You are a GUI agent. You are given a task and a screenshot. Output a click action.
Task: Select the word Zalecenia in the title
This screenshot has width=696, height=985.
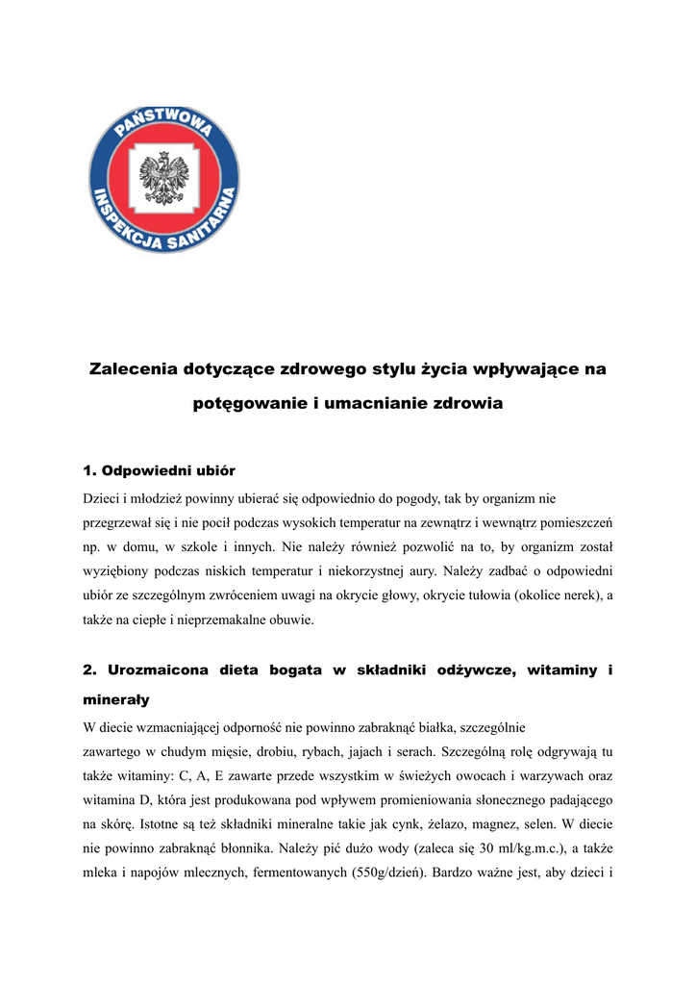point(133,369)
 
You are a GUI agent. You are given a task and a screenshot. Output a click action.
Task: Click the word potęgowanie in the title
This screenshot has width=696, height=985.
point(249,404)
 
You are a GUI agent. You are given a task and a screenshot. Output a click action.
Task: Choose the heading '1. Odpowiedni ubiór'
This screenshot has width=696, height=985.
point(160,470)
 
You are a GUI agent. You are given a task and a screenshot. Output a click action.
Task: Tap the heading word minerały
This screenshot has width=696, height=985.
point(116,700)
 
